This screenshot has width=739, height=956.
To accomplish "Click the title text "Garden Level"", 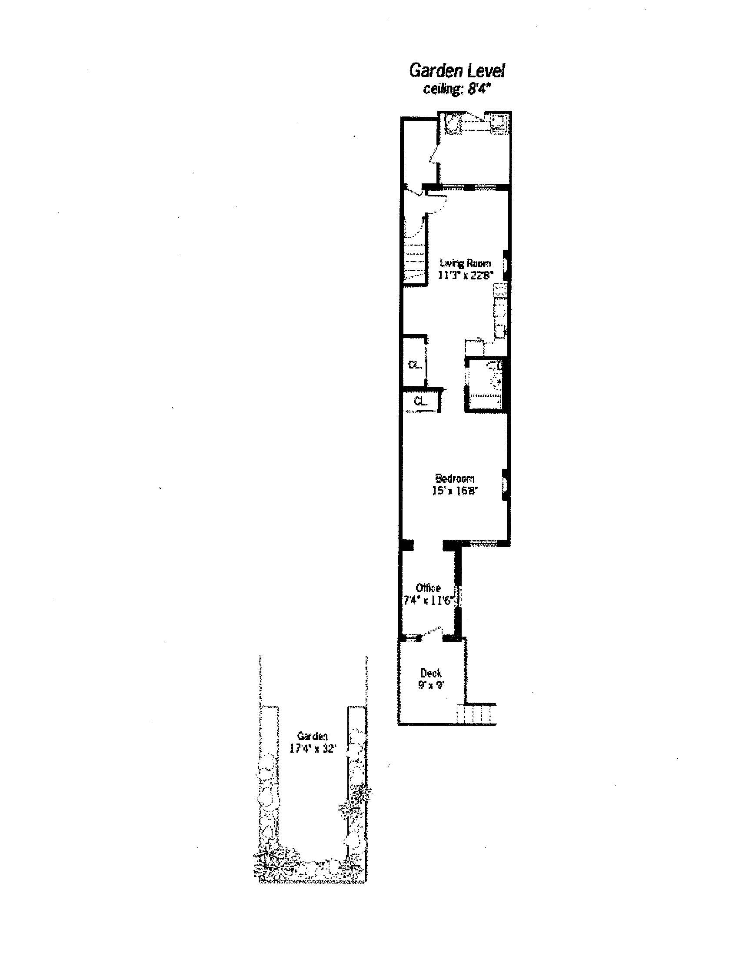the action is point(457,70).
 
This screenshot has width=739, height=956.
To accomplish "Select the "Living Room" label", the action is point(466,263).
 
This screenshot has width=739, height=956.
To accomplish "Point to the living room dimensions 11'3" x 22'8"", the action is point(466,275).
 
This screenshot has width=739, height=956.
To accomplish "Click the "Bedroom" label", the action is point(454,478).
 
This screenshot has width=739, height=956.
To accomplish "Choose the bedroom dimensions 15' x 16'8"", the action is point(454,490).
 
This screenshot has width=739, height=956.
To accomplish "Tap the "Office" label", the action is point(428,588).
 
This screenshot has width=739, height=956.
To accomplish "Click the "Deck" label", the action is point(431,673).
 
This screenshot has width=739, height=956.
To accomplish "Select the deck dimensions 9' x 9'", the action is point(431,685).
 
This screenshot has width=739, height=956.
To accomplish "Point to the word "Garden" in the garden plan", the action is point(312,736).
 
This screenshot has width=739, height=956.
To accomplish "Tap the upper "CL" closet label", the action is point(414,364).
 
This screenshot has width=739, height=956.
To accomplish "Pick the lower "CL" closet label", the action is point(420,401).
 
